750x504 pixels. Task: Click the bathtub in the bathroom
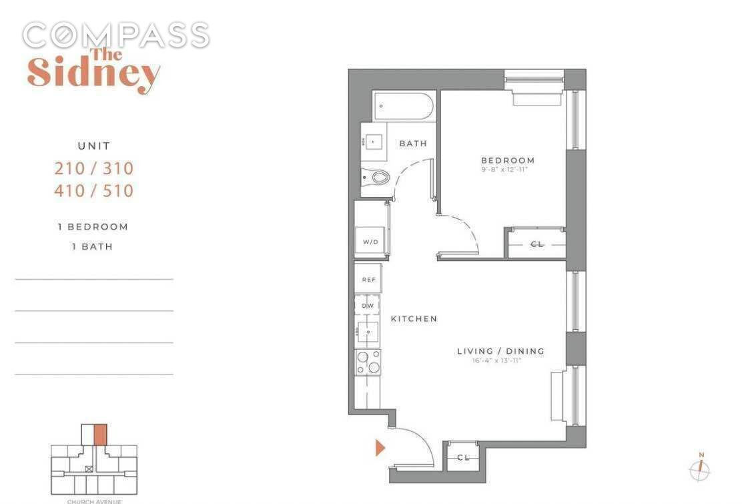pyautogui.click(x=404, y=106)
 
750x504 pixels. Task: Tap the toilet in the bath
pyautogui.click(x=377, y=177)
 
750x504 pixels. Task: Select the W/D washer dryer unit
pyautogui.click(x=370, y=241)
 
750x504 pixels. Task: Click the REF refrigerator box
pyautogui.click(x=368, y=279)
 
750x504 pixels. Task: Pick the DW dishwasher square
pyautogui.click(x=367, y=305)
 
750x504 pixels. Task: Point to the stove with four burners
pyautogui.click(x=368, y=362)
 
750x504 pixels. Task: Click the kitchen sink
pyautogui.click(x=367, y=331)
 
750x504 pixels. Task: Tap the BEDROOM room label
pyautogui.click(x=508, y=160)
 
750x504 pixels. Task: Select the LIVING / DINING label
pyautogui.click(x=500, y=351)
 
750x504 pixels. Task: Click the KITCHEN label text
pyautogui.click(x=414, y=319)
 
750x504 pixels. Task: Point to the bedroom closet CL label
pyautogui.click(x=536, y=244)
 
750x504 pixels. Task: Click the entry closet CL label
pyautogui.click(x=463, y=457)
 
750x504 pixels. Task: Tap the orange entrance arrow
pyautogui.click(x=380, y=447)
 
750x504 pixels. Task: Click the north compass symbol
pyautogui.click(x=700, y=470)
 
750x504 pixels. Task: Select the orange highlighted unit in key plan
pyautogui.click(x=100, y=435)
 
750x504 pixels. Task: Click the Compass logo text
pyautogui.click(x=115, y=35)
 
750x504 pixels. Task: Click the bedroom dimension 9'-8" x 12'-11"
pyautogui.click(x=508, y=171)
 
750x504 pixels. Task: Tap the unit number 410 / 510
pyautogui.click(x=93, y=191)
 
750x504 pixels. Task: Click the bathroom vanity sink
pyautogui.click(x=372, y=142)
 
